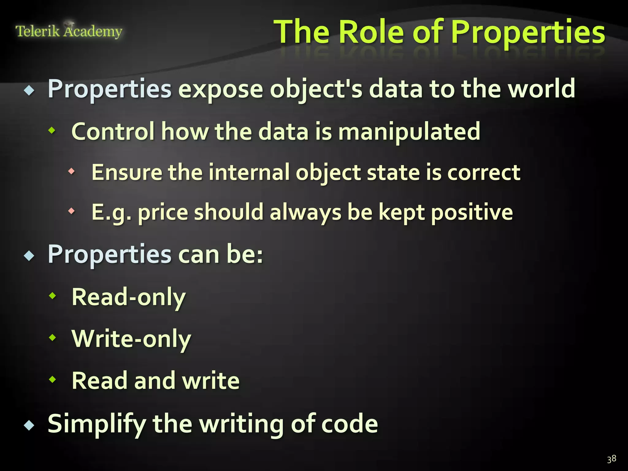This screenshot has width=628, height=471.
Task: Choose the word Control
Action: pyautogui.click(x=113, y=132)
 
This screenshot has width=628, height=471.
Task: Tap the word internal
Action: pyautogui.click(x=249, y=172)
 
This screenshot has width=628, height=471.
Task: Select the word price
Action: pyautogui.click(x=163, y=213)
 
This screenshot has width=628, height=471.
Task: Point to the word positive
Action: pyautogui.click(x=472, y=213)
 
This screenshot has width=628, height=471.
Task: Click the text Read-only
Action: pyautogui.click(x=128, y=297)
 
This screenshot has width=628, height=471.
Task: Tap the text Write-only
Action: pyautogui.click(x=131, y=339)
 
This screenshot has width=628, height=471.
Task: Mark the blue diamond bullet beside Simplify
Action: pyautogui.click(x=29, y=426)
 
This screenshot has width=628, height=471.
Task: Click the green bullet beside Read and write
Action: pyautogui.click(x=53, y=380)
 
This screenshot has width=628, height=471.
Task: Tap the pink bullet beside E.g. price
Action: pyautogui.click(x=71, y=211)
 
